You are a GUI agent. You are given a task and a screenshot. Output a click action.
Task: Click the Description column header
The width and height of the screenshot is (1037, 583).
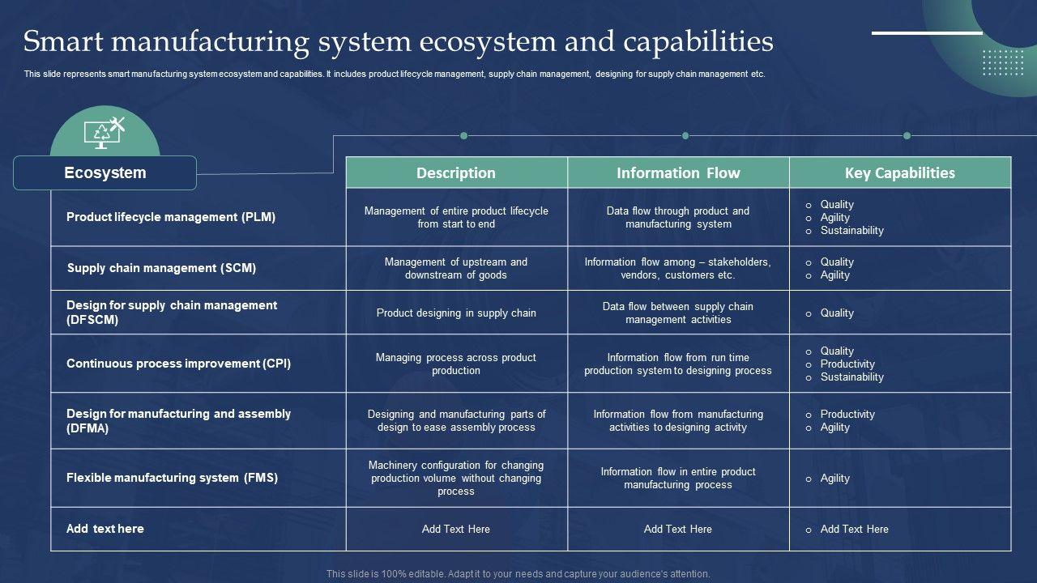(x=456, y=172)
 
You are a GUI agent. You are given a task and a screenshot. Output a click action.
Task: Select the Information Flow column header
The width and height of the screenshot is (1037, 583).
(x=678, y=172)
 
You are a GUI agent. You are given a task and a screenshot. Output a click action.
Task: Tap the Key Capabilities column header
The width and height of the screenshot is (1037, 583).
(x=900, y=172)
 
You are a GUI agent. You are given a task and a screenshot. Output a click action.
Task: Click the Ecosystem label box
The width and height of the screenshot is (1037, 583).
(x=105, y=172)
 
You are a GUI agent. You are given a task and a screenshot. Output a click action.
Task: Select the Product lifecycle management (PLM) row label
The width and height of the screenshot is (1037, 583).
(x=171, y=217)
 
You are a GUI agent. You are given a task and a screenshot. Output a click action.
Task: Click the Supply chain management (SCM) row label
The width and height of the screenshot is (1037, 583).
(x=161, y=268)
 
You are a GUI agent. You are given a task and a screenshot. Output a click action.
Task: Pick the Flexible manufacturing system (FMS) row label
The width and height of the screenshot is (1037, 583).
(x=173, y=478)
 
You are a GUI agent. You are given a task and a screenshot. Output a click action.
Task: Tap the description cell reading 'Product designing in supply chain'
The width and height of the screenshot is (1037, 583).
(x=456, y=313)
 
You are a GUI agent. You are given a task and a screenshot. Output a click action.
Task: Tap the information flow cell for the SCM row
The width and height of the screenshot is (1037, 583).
(x=678, y=268)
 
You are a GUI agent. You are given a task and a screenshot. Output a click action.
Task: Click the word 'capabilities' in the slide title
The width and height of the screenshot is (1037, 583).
(x=698, y=41)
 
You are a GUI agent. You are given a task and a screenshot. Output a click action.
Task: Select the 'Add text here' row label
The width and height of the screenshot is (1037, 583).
(x=105, y=529)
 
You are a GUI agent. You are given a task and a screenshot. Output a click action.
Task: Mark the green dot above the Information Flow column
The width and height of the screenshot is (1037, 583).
(x=685, y=135)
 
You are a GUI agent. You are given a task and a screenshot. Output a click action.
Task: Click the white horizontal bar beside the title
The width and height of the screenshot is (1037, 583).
(x=927, y=33)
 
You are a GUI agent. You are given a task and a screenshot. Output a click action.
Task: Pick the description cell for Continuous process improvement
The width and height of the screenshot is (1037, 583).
(x=456, y=364)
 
